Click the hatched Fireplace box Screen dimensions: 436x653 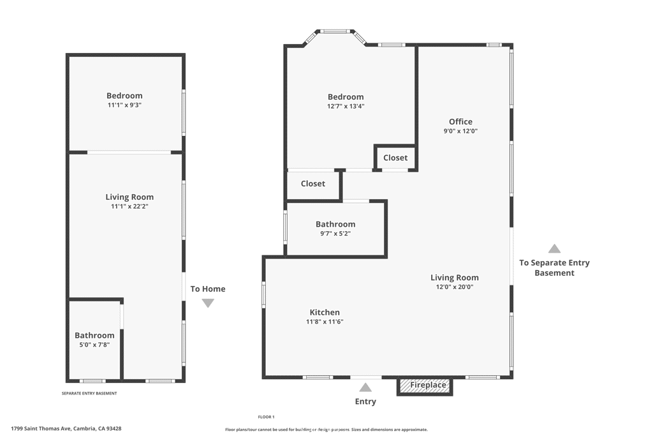tap(425, 386)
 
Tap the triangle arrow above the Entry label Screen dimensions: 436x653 tap(365, 387)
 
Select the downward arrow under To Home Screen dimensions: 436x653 tap(208, 303)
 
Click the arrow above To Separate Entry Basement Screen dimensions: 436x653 tap(554, 249)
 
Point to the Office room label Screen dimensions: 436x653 tap(460, 121)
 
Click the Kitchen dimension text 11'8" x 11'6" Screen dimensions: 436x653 tap(325, 322)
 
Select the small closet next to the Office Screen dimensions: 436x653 tap(395, 158)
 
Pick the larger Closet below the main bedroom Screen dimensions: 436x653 tap(313, 184)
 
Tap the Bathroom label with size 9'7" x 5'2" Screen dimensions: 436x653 tap(335, 224)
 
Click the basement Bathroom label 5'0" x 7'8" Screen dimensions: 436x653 tap(94, 335)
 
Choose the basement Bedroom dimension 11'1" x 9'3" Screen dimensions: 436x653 tap(124, 105)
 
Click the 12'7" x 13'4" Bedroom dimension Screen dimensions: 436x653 tap(346, 107)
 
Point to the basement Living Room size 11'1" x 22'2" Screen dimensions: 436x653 tap(129, 206)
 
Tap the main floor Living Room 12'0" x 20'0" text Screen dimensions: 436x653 tap(454, 287)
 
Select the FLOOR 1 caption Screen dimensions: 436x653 tap(266, 417)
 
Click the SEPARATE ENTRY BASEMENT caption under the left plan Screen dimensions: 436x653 tap(89, 393)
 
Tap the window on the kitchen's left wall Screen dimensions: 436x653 tap(263, 295)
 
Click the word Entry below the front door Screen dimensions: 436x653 tap(365, 402)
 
